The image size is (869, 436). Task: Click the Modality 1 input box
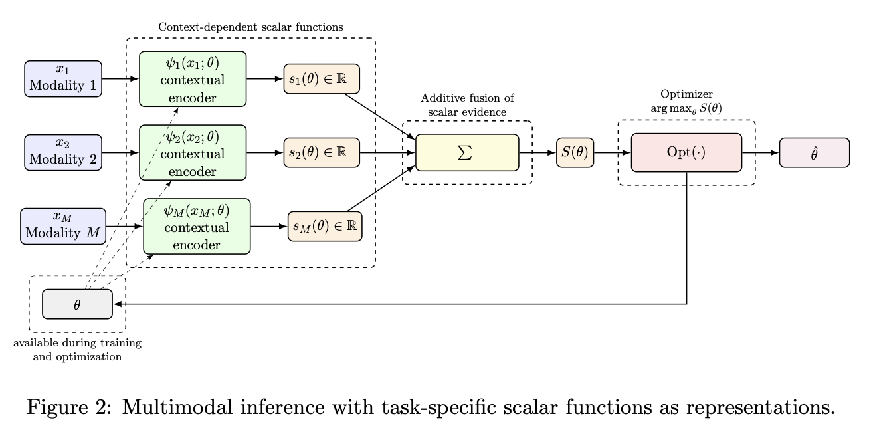(x=63, y=78)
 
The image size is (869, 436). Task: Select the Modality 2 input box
(x=63, y=152)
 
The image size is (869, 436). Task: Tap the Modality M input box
(x=63, y=226)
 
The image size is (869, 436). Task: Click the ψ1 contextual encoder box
(x=193, y=78)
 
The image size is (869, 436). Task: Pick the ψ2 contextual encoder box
(x=193, y=152)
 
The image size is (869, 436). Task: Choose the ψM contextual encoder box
(x=197, y=226)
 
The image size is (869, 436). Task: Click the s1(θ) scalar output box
(x=322, y=78)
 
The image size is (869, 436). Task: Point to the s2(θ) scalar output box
(x=322, y=152)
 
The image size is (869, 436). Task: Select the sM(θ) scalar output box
(x=325, y=226)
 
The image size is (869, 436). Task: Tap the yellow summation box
(x=467, y=152)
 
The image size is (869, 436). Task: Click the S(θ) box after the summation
(x=575, y=152)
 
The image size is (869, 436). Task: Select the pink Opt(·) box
(x=686, y=152)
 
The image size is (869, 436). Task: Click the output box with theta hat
(x=814, y=152)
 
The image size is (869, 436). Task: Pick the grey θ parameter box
(x=77, y=304)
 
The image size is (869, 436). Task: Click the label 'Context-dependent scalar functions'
(x=250, y=27)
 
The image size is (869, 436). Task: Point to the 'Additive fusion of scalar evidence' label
(x=467, y=105)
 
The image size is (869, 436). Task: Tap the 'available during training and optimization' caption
(x=78, y=350)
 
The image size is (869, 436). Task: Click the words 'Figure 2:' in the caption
(x=65, y=407)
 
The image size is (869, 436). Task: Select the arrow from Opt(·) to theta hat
(x=761, y=152)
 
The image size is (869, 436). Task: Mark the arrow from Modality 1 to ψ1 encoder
(x=120, y=78)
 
